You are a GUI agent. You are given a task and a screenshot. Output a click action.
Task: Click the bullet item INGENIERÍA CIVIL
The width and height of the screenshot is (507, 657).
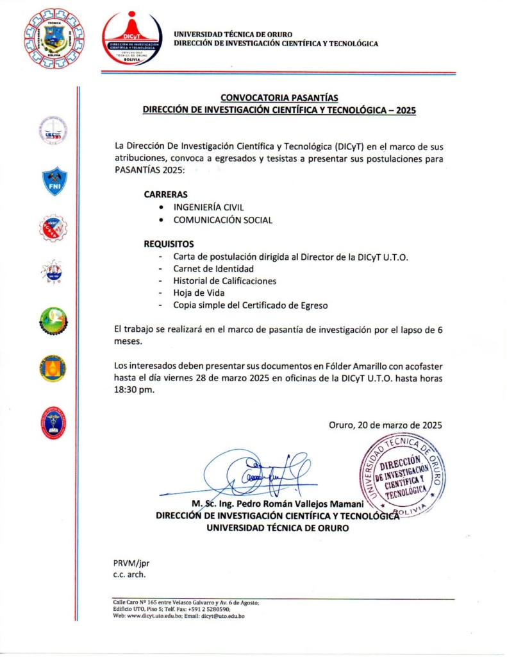[208, 207]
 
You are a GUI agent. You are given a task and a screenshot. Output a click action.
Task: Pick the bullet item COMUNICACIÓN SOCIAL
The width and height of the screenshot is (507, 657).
[222, 220]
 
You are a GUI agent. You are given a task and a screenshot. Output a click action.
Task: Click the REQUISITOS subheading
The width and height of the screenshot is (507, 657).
[169, 244]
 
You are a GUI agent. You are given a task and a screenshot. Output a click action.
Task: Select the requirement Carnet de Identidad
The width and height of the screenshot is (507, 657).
[213, 269]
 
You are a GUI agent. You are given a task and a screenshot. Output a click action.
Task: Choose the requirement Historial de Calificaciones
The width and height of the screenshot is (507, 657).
[224, 281]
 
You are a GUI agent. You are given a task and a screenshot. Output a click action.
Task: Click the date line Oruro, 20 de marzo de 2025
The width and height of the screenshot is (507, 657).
[385, 425]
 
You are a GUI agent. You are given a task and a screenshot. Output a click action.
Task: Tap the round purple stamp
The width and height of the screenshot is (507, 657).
[403, 474]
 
